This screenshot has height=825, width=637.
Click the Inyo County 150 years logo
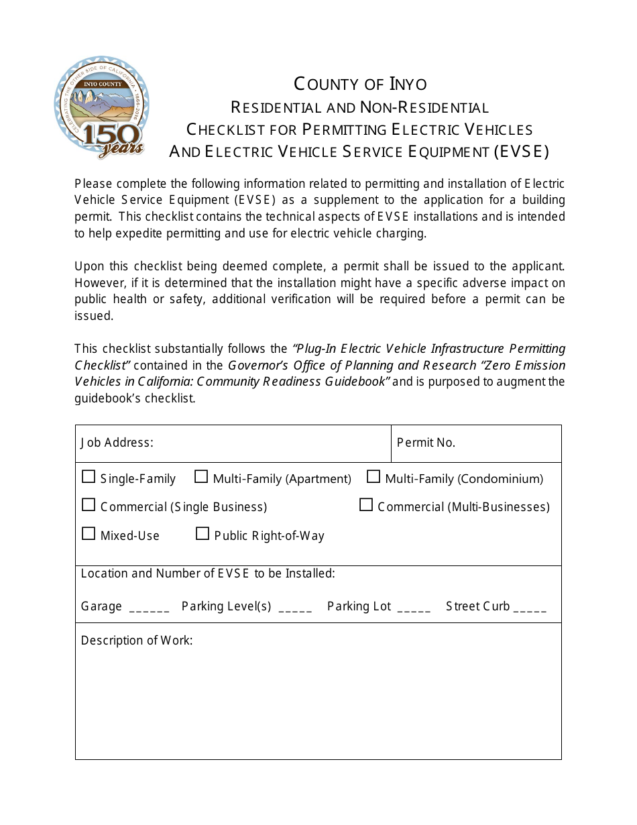[x=102, y=107]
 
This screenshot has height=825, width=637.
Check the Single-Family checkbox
[x=89, y=477]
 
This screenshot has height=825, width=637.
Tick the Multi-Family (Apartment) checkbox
[x=201, y=477]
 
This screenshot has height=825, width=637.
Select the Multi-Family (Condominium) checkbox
[x=373, y=477]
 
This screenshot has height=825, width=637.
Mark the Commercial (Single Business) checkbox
[x=89, y=505]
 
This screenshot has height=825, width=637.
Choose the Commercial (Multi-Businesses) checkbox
[x=366, y=505]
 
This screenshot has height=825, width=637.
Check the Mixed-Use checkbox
[x=89, y=534]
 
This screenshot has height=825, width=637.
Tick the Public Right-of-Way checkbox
[x=202, y=534]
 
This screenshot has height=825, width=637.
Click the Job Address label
[x=117, y=443]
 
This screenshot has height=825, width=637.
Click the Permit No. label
[x=426, y=443]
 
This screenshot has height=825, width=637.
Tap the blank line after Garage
[x=149, y=609]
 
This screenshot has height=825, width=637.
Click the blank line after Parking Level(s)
[x=295, y=609]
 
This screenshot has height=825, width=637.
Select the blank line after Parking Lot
[x=414, y=609]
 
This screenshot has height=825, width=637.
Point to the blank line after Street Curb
[x=530, y=609]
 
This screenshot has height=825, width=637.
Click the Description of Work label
[x=137, y=641]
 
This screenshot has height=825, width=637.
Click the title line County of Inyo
[x=360, y=84]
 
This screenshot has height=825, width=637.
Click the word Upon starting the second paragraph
[x=89, y=266]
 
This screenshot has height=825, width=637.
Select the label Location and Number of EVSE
[x=208, y=573]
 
